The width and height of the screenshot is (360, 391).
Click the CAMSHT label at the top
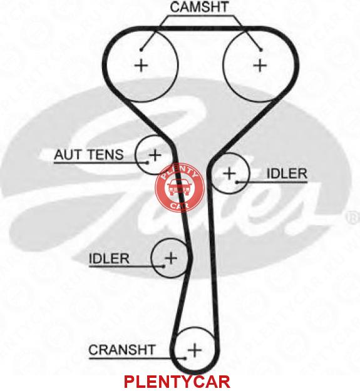[x=199, y=7]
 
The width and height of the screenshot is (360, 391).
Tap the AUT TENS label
[x=89, y=155]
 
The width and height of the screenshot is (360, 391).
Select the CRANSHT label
[x=122, y=350]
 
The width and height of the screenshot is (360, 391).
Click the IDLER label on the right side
[x=287, y=173]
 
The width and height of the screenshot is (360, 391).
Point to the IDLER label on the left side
[x=109, y=258]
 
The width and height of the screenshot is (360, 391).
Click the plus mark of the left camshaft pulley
[x=141, y=66]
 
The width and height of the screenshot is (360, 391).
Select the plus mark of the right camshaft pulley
[x=260, y=65]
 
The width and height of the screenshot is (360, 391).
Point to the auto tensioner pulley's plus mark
[x=155, y=155]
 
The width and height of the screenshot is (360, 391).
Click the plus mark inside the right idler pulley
[x=229, y=173]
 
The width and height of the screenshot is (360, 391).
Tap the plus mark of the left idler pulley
[x=171, y=258]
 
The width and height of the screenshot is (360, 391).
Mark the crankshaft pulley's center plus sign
[x=195, y=350]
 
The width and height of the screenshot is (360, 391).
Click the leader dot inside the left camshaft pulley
[x=141, y=50]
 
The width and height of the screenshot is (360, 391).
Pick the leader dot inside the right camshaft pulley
[x=261, y=50]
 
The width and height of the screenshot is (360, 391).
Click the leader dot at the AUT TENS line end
[x=147, y=163]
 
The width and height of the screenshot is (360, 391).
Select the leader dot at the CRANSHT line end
[x=185, y=358]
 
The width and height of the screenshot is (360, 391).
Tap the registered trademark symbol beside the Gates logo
[x=352, y=218]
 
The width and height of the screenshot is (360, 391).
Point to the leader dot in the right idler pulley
[x=237, y=182]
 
